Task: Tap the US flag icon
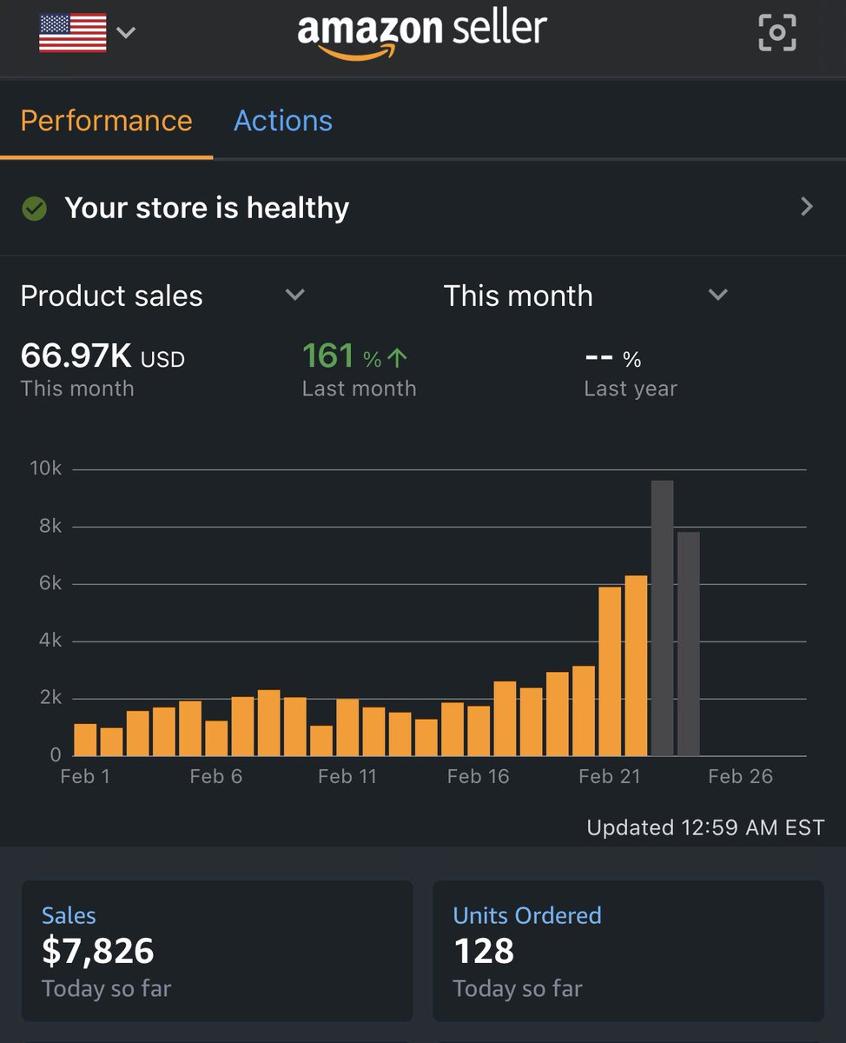point(73,33)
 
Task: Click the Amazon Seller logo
point(422,33)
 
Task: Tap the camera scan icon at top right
point(777,33)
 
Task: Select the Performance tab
point(106,121)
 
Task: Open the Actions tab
point(283,121)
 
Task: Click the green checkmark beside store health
point(34,209)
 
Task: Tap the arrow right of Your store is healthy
point(807,207)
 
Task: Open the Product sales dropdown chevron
point(295,296)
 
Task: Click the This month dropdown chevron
point(717,296)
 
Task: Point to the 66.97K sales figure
point(76,356)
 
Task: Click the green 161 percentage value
point(328,356)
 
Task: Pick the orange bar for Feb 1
point(85,740)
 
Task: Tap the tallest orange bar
point(636,665)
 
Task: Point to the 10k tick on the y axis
point(45,469)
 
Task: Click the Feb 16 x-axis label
point(478,777)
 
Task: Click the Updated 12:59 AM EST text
point(704,827)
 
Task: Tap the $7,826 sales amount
point(98,951)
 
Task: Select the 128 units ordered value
point(484,951)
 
